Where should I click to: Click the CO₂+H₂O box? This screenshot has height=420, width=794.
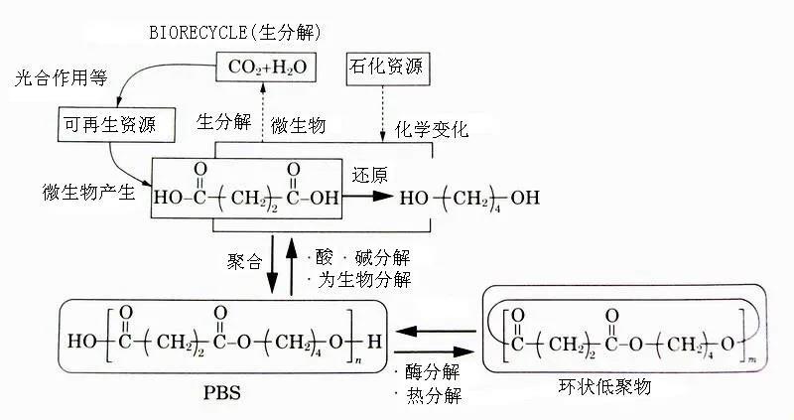tap(261, 68)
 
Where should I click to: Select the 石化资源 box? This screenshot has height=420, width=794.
tap(384, 68)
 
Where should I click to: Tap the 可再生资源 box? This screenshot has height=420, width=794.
tap(105, 124)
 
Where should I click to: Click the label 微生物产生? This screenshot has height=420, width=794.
tap(87, 191)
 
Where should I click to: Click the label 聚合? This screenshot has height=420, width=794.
tap(244, 263)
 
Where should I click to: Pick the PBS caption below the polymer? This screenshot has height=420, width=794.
tap(213, 393)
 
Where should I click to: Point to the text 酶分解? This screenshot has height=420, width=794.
tap(432, 373)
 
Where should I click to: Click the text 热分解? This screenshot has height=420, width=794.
tap(432, 396)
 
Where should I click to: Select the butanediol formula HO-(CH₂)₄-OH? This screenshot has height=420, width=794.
tap(470, 198)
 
